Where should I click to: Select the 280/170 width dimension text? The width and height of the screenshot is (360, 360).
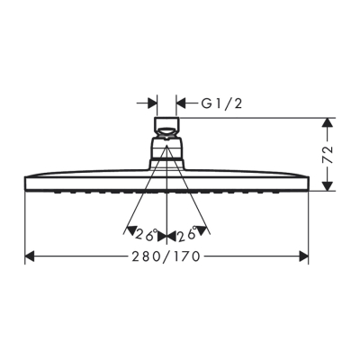tap(166, 256)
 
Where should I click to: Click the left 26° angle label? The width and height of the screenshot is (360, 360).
tap(147, 235)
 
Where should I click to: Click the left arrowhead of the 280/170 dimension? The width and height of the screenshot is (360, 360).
tap(30, 256)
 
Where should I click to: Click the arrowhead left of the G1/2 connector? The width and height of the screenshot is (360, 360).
tap(152, 103)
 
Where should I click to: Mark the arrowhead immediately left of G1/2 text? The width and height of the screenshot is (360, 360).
tap(182, 103)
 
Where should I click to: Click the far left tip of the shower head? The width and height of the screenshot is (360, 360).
tap(23, 181)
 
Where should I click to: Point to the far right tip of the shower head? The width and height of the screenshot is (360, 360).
tap(310, 181)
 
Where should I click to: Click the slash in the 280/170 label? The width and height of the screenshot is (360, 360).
tap(167, 256)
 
